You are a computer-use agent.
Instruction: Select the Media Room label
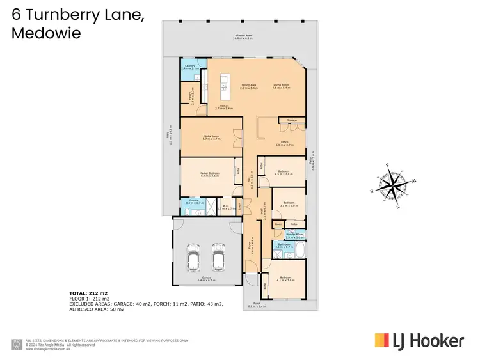[211, 137]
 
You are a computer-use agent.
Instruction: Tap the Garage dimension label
[207, 279]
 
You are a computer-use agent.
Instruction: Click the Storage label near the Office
[292, 120]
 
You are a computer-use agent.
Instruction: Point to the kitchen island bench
[223, 83]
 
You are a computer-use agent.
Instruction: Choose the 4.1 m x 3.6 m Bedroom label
[286, 279]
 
